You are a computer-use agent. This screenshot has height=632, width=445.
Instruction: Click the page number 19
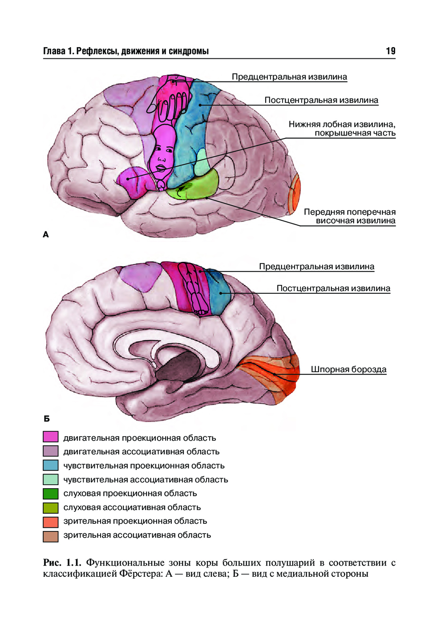pyautogui.click(x=390, y=51)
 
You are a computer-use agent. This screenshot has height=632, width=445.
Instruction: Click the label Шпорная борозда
pyautogui.click(x=348, y=369)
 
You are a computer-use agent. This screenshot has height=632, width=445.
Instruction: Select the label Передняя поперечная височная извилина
pyautogui.click(x=350, y=216)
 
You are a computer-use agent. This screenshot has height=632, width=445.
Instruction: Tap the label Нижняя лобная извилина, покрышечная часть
pyautogui.click(x=342, y=129)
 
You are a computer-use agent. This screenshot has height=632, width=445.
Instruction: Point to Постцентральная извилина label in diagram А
pyautogui.click(x=321, y=100)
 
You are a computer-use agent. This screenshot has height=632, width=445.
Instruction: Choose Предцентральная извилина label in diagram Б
pyautogui.click(x=316, y=267)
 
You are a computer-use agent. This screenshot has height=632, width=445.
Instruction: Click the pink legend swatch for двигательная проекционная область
pyautogui.click(x=51, y=437)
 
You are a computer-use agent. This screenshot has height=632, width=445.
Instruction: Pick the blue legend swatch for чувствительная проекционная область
pyautogui.click(x=51, y=465)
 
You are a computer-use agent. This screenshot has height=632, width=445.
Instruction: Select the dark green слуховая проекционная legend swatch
pyautogui.click(x=51, y=493)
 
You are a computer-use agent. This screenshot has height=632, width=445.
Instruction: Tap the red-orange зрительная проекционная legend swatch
pyautogui.click(x=51, y=521)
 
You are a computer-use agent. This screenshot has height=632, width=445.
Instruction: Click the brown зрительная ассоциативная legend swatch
pyautogui.click(x=51, y=536)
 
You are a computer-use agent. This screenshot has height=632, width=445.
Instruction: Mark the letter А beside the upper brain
pyautogui.click(x=45, y=235)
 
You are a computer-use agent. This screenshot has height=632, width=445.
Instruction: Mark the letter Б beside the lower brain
pyautogui.click(x=47, y=419)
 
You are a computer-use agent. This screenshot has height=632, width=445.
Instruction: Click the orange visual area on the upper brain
pyautogui.click(x=295, y=194)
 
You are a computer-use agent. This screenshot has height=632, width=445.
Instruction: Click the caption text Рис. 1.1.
pyautogui.click(x=62, y=563)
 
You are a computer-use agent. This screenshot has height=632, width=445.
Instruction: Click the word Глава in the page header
pyautogui.click(x=54, y=51)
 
